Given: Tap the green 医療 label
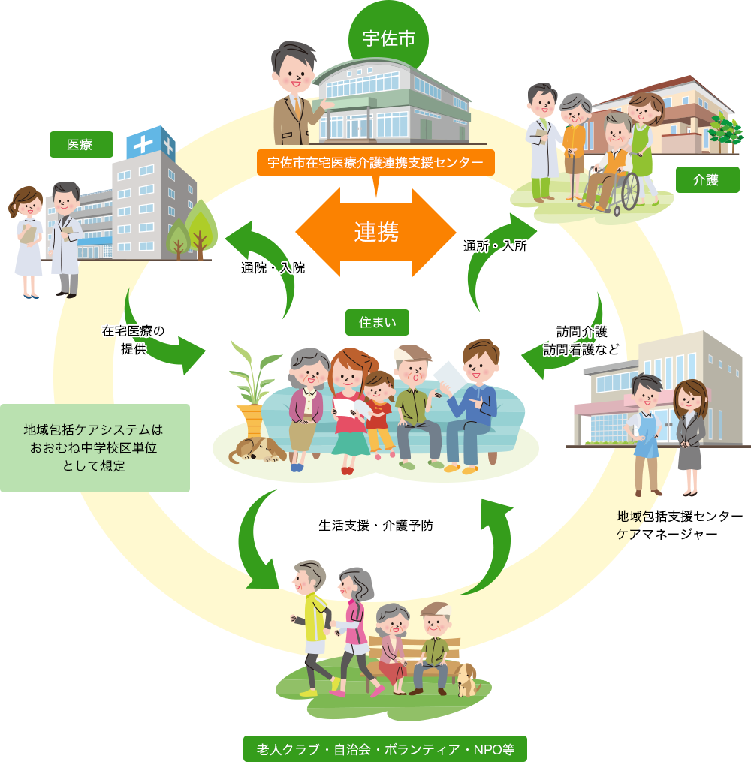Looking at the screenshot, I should [80, 144].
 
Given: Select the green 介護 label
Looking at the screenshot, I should [706, 179].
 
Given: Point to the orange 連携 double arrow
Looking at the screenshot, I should [376, 232].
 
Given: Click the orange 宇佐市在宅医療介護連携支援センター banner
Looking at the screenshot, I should [375, 162].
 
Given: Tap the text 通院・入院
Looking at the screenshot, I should [273, 267].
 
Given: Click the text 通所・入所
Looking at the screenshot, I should [495, 245].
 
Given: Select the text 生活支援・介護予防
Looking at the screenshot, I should [375, 526].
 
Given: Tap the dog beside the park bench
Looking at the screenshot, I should [467, 679].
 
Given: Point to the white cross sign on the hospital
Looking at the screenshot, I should [142, 145].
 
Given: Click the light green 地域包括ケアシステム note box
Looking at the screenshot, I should [93, 448].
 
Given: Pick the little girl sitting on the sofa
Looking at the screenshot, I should [379, 409].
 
